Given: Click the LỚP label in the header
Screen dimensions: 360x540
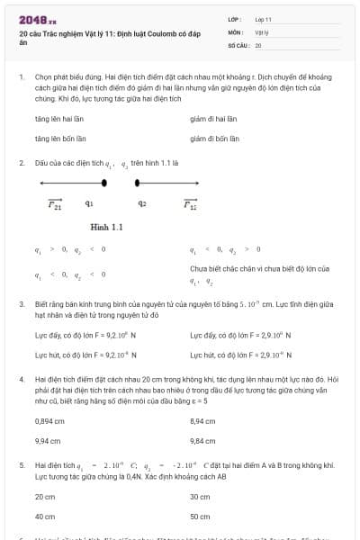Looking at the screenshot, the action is pyautogui.click(x=233, y=19).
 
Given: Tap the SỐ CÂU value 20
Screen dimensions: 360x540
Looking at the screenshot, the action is pyautogui.click(x=258, y=44).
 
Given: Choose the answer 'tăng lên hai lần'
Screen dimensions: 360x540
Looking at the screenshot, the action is pyautogui.click(x=60, y=119).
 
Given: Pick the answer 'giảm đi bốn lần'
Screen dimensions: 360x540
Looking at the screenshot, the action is pyautogui.click(x=215, y=139).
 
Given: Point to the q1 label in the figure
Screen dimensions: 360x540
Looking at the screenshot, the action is pyautogui.click(x=89, y=203).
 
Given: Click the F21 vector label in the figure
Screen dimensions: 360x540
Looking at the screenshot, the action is pyautogui.click(x=55, y=203).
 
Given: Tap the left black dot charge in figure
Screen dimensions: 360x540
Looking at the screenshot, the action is pyautogui.click(x=105, y=183).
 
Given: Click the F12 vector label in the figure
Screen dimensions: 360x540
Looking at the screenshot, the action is pyautogui.click(x=190, y=203).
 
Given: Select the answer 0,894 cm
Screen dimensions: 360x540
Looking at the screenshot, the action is pyautogui.click(x=49, y=421).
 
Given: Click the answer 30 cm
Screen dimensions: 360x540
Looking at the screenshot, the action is pyautogui.click(x=200, y=497).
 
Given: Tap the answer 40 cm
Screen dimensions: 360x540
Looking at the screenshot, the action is pyautogui.click(x=45, y=517).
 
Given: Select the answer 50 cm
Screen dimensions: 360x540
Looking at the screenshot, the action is pyautogui.click(x=200, y=517).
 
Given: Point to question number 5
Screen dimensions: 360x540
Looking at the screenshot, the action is pyautogui.click(x=22, y=465).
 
